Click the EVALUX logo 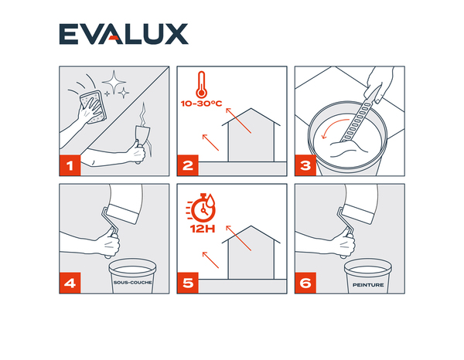124,34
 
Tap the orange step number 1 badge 70,165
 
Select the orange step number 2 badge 188,165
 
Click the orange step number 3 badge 305,165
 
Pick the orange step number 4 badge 70,283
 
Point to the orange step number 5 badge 188,283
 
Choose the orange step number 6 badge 305,283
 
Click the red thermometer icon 202,84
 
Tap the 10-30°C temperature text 201,104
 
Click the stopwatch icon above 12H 201,208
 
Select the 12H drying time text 203,229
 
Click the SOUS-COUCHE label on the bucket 132,283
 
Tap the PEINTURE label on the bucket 368,285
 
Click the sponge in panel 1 94,107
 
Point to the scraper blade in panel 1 142,134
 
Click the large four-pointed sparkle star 114,82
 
